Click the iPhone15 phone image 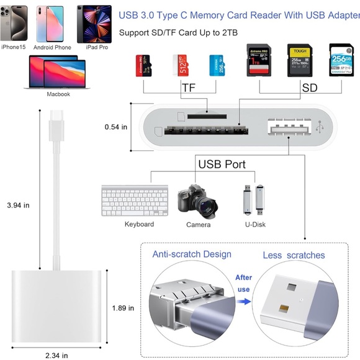[x=14, y=23]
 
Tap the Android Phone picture [x=52, y=23]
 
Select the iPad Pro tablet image [x=90, y=24]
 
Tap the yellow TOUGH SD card [x=299, y=61]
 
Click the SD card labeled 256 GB [x=340, y=61]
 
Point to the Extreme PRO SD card [x=259, y=61]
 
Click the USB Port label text [x=222, y=164]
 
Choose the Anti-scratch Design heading [x=192, y=254]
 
